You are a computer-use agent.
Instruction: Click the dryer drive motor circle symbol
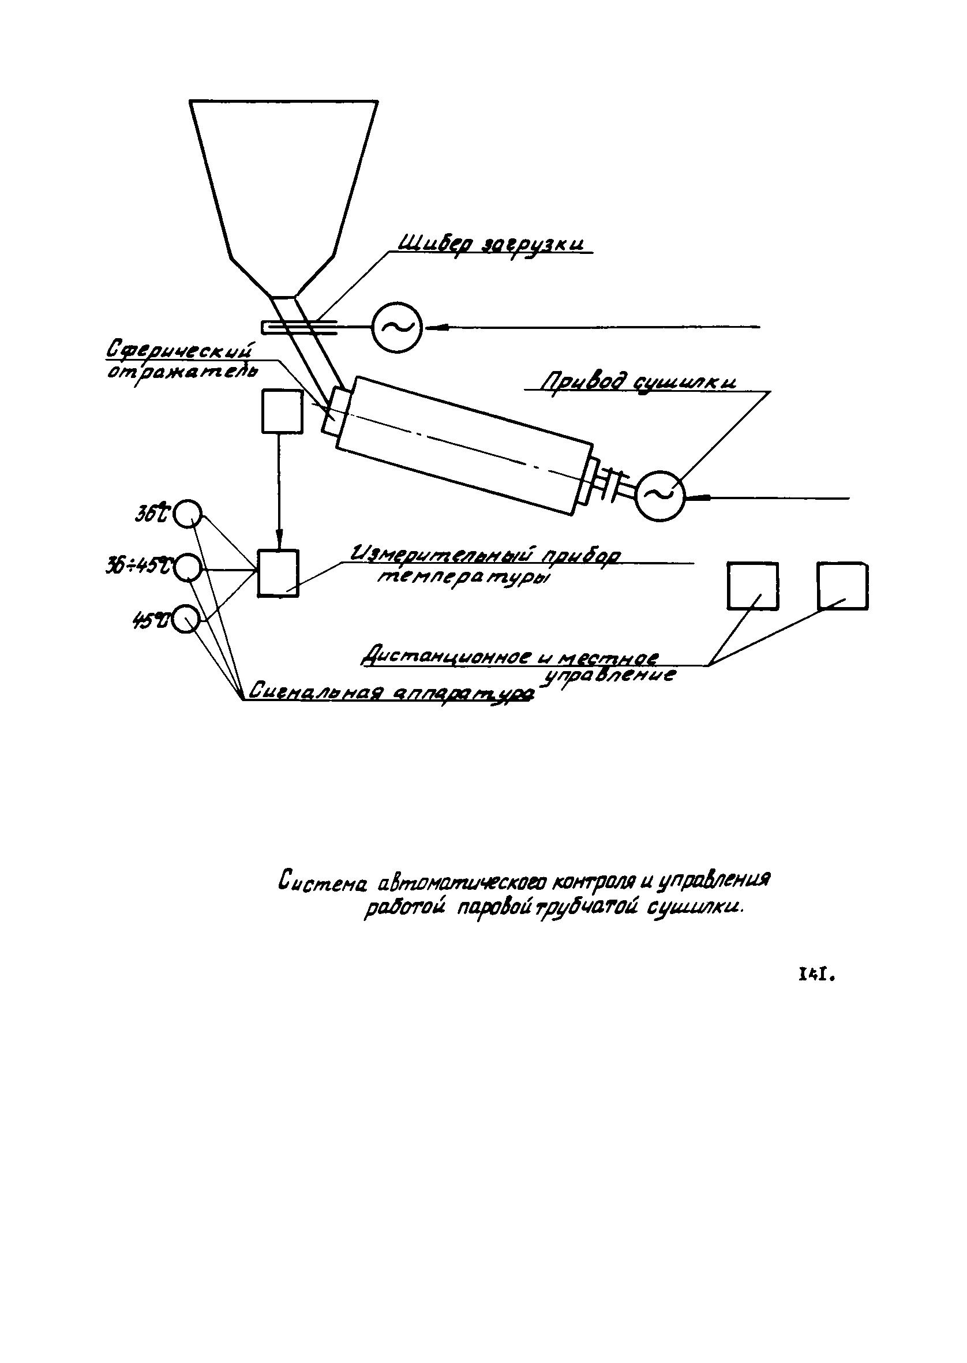point(659,496)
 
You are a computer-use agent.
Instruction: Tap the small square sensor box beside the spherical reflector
point(282,411)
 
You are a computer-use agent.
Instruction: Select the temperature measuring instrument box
point(278,573)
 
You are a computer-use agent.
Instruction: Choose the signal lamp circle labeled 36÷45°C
point(188,568)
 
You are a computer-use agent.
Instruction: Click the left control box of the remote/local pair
point(752,586)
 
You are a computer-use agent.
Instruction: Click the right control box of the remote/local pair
point(842,586)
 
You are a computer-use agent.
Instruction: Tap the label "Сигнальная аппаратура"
point(390,691)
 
